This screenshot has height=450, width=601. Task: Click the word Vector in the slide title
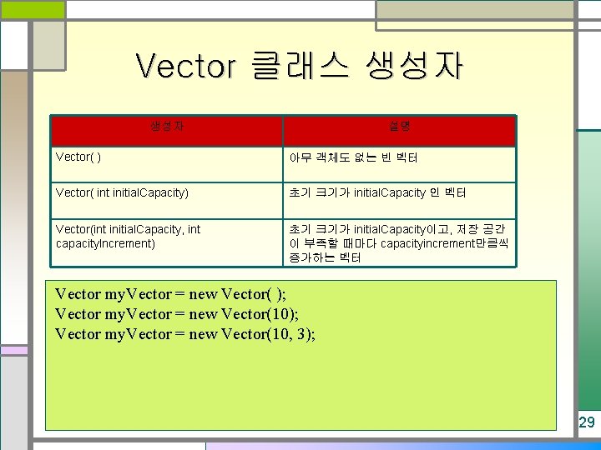click(185, 66)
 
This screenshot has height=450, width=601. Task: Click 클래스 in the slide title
click(299, 66)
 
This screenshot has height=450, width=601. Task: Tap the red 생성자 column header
click(167, 127)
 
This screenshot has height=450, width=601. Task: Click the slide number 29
click(587, 422)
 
